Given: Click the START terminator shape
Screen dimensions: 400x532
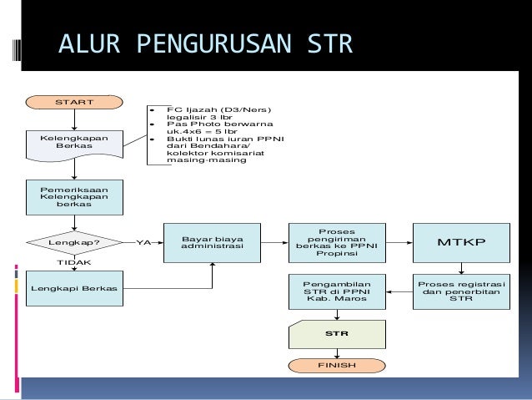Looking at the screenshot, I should click(74, 103).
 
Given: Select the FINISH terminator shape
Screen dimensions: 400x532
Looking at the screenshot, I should click(336, 366).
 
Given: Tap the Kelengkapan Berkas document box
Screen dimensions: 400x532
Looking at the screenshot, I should click(74, 142).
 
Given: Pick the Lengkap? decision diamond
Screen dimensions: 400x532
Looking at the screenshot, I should click(74, 243).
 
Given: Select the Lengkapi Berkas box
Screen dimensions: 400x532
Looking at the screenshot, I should click(74, 288).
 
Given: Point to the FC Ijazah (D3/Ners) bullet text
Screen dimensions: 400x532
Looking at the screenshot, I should click(218, 109).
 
